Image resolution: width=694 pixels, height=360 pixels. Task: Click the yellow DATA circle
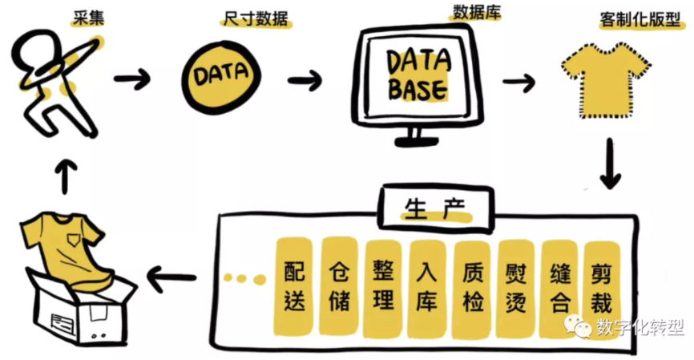tap(218, 76)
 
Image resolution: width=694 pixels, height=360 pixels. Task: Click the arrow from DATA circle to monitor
tap(305, 80)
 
